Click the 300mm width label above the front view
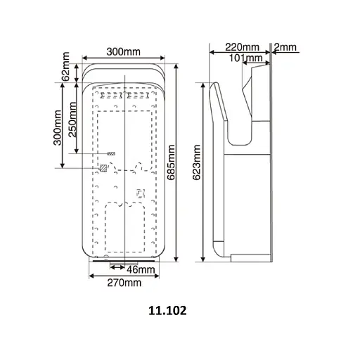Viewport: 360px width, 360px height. (x=123, y=51)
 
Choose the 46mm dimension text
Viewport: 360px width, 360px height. (x=141, y=269)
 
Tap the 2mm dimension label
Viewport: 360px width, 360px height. (x=287, y=46)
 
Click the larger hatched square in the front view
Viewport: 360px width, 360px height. (x=105, y=167)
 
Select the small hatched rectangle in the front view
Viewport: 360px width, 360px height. (x=110, y=153)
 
